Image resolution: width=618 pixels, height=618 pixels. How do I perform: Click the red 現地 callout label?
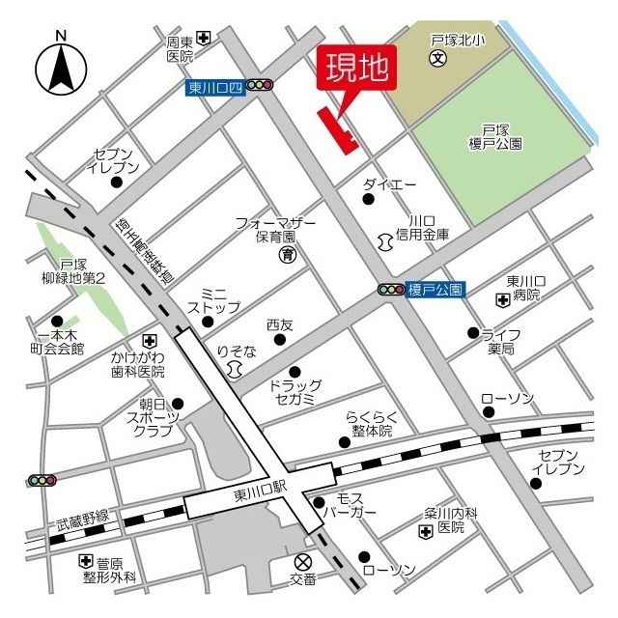pos(356,67)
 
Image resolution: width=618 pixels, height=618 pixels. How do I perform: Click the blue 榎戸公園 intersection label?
pos(436,289)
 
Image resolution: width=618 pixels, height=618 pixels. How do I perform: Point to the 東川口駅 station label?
pos(261,493)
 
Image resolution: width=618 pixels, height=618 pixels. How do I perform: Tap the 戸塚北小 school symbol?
pos(437,59)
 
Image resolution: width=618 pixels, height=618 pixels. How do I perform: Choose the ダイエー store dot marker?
pos(368,200)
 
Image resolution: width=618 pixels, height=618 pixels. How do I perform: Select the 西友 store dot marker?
pos(279,340)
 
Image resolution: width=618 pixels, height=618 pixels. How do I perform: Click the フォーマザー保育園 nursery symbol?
pos(287,255)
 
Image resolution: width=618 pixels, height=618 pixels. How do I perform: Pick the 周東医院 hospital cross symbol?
pos(204,39)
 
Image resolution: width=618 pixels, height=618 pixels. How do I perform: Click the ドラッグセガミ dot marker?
pos(295,371)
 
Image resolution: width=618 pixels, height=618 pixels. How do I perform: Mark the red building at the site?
pos(338,130)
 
